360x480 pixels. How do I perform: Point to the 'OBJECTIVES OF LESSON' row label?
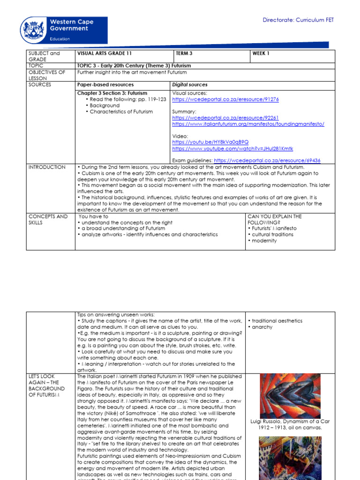click(47, 75)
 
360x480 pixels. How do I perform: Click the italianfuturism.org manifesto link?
click(248, 124)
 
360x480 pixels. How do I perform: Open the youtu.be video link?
click(210, 142)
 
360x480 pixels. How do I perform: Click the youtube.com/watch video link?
click(232, 149)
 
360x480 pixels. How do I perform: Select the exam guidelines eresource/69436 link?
click(267, 160)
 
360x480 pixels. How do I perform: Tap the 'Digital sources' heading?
click(190, 85)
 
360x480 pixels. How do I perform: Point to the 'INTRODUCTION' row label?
click(47, 167)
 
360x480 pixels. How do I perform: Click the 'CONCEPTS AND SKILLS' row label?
click(48, 219)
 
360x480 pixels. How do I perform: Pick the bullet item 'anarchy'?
click(262, 327)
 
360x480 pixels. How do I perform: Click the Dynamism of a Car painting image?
click(290, 396)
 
